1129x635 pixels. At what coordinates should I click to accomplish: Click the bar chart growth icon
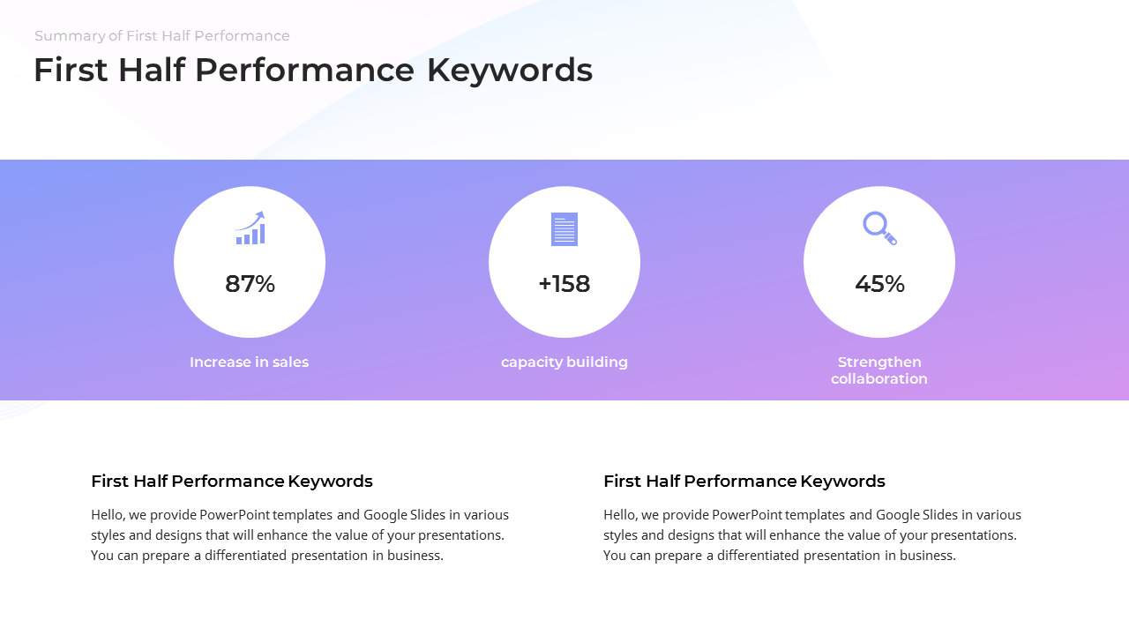pyautogui.click(x=250, y=228)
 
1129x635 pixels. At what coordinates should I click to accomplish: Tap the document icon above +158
pyautogui.click(x=564, y=229)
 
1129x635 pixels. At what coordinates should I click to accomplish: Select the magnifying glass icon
pyautogui.click(x=879, y=228)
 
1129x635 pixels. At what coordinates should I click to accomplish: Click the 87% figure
pyautogui.click(x=250, y=284)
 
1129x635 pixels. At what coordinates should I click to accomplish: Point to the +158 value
pyautogui.click(x=564, y=284)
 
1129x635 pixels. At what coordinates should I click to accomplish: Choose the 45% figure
pyautogui.click(x=879, y=284)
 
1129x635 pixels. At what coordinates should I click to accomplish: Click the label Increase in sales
pyautogui.click(x=249, y=362)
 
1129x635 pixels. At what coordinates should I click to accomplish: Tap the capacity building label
pyautogui.click(x=564, y=362)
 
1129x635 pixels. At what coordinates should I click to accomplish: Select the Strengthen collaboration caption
pyautogui.click(x=879, y=370)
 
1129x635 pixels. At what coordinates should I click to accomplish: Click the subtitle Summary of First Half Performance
pyautogui.click(x=162, y=36)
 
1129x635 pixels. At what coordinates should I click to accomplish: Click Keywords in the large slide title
pyautogui.click(x=509, y=71)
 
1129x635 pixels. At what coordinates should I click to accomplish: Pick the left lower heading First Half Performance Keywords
pyautogui.click(x=232, y=482)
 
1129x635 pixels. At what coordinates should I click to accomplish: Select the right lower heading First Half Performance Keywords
pyautogui.click(x=744, y=482)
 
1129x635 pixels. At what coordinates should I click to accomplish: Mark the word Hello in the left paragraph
pyautogui.click(x=108, y=515)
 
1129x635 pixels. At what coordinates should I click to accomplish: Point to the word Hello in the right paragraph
pyautogui.click(x=620, y=515)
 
